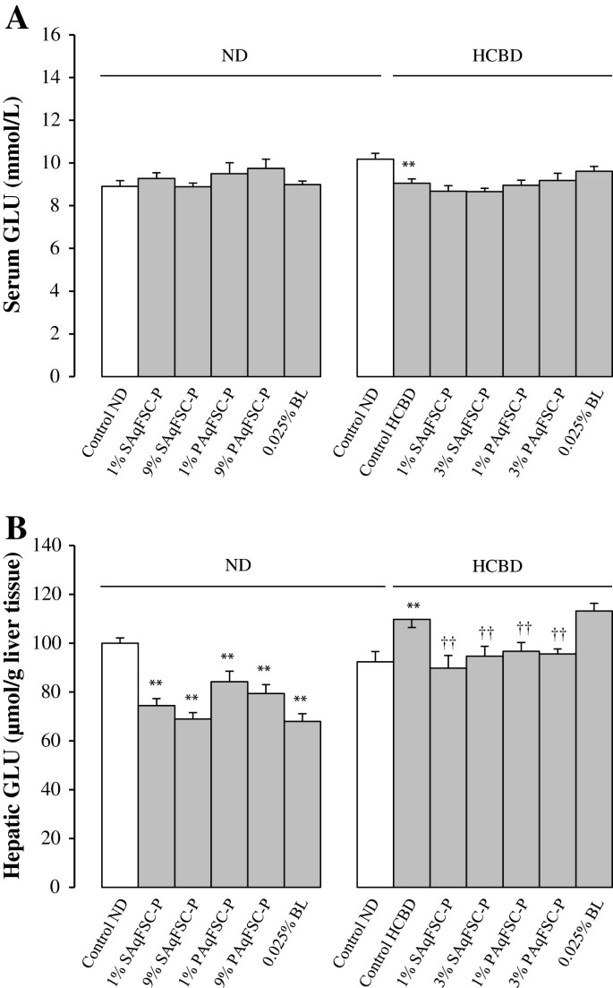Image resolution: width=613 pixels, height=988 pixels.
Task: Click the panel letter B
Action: (16, 529)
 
